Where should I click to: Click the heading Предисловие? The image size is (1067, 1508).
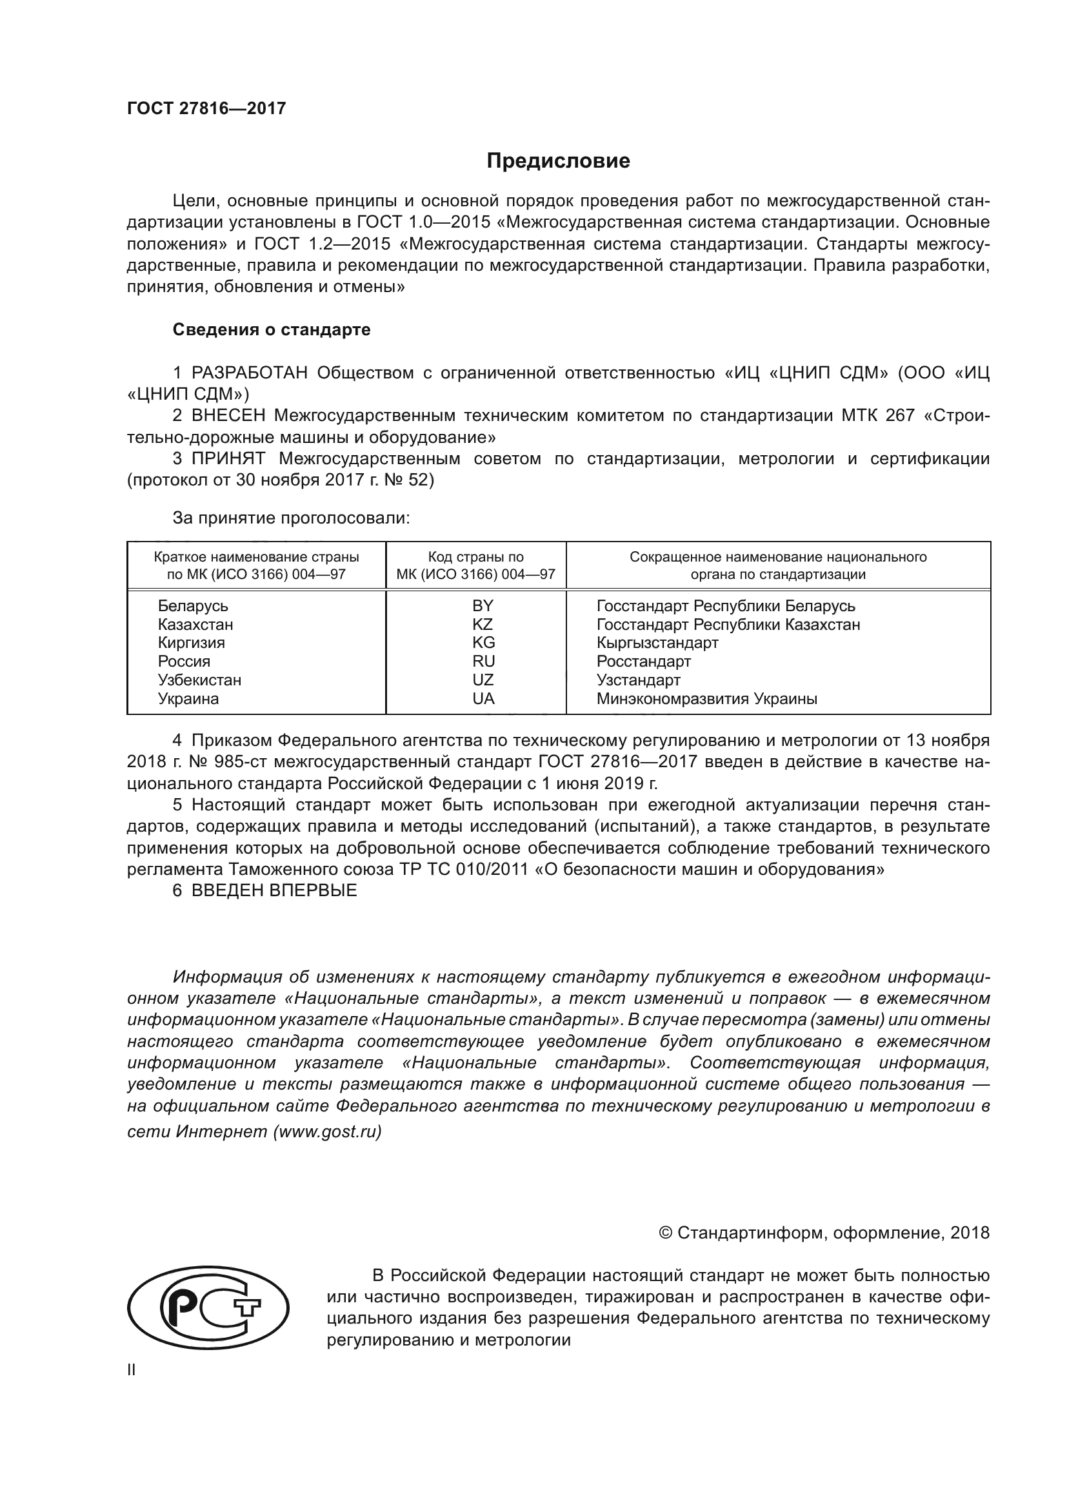(x=558, y=161)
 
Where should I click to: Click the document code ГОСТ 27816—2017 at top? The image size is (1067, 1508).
(x=206, y=109)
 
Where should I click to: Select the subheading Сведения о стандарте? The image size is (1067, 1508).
(x=272, y=329)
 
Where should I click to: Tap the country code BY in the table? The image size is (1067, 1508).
(x=483, y=605)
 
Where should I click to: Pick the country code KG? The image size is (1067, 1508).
(x=483, y=642)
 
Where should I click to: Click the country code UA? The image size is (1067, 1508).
(x=483, y=699)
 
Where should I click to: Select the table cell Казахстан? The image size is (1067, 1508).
(x=195, y=625)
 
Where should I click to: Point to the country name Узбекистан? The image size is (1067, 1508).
(x=199, y=680)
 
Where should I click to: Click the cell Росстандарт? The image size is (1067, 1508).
(x=643, y=661)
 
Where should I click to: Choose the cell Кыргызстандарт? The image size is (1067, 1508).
(x=657, y=642)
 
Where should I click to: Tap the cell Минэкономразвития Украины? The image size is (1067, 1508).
(x=706, y=699)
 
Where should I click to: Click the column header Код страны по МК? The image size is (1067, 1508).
(x=475, y=565)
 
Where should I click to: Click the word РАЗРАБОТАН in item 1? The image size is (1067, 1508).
(x=249, y=373)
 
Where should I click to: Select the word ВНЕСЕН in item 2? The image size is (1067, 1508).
(x=228, y=416)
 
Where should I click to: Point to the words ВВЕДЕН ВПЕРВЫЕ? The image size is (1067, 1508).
(x=274, y=890)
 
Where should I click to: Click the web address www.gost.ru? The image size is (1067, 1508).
(x=326, y=1131)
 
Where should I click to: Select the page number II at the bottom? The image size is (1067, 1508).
(x=132, y=1369)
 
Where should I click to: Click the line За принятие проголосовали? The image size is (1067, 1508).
(x=291, y=518)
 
